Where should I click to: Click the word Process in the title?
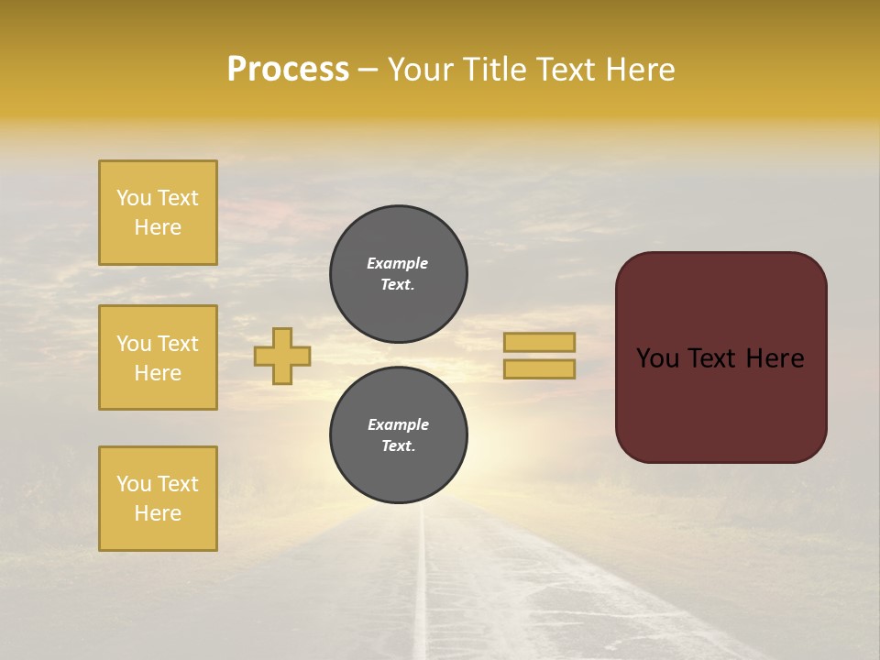pyautogui.click(x=288, y=70)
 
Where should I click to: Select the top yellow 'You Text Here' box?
pyautogui.click(x=158, y=213)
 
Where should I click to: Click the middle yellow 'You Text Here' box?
pyautogui.click(x=158, y=357)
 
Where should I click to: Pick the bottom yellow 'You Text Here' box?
pyautogui.click(x=158, y=499)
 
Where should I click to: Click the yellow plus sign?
pyautogui.click(x=282, y=356)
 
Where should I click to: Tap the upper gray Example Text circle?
pyautogui.click(x=399, y=274)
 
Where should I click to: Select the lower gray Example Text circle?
pyautogui.click(x=399, y=435)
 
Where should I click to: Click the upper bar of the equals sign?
pyautogui.click(x=540, y=342)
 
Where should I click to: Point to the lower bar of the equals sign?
pyautogui.click(x=540, y=368)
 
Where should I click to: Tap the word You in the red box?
pyautogui.click(x=657, y=358)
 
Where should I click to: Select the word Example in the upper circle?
pyautogui.click(x=398, y=263)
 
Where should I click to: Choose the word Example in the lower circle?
pyautogui.click(x=398, y=424)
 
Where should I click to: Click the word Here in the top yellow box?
pyautogui.click(x=158, y=227)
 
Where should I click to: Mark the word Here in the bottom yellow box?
pyautogui.click(x=158, y=513)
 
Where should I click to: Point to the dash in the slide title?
pyautogui.click(x=368, y=71)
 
